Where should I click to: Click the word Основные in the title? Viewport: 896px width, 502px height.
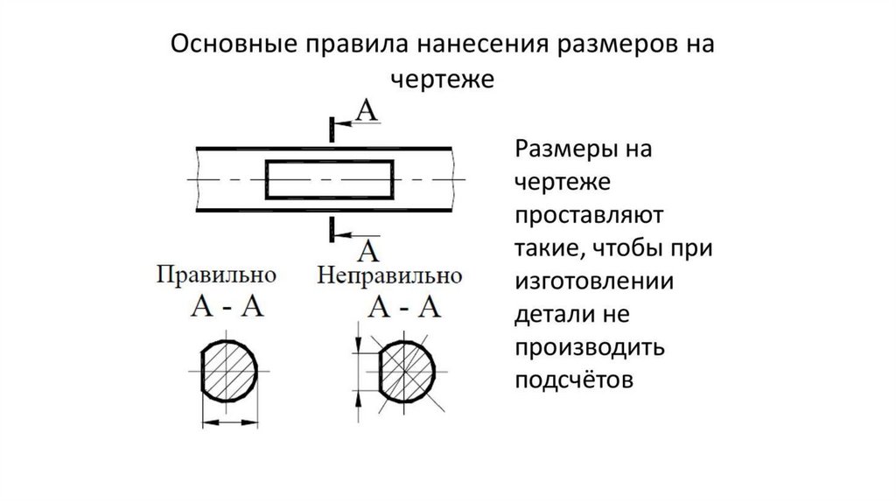click(234, 45)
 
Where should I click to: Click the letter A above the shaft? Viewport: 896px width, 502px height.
click(368, 111)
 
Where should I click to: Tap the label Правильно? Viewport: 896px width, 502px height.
click(217, 275)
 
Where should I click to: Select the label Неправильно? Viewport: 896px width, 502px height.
click(389, 275)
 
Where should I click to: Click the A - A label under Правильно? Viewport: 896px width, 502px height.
click(228, 307)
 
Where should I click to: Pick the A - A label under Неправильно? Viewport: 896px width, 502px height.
click(402, 307)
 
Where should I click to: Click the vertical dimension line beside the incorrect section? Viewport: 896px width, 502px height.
click(358, 370)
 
